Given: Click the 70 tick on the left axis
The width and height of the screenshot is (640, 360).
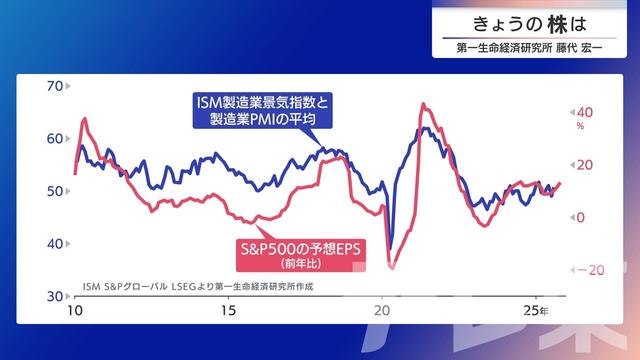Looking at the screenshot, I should pyautogui.click(x=56, y=86).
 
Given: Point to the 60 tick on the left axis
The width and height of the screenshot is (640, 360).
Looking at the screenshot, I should pyautogui.click(x=56, y=139).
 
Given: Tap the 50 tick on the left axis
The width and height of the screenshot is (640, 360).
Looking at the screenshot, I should pyautogui.click(x=56, y=191).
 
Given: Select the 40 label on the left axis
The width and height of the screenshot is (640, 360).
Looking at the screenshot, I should pyautogui.click(x=56, y=244).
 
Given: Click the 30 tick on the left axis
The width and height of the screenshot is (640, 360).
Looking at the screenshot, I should pyautogui.click(x=56, y=296).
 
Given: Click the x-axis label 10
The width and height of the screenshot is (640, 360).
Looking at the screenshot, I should pyautogui.click(x=76, y=311).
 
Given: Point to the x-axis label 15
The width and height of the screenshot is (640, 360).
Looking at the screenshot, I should pyautogui.click(x=228, y=311).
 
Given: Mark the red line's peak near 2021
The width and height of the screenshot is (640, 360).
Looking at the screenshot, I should pyautogui.click(x=424, y=104).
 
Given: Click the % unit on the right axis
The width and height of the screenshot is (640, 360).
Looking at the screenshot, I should pyautogui.click(x=579, y=127).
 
